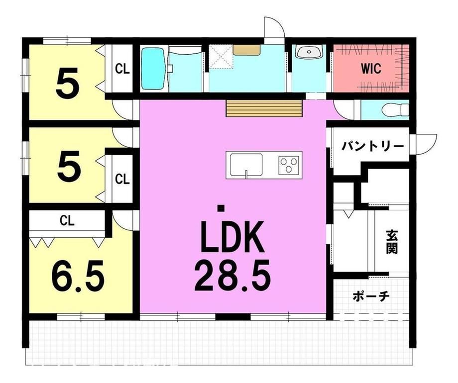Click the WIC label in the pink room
point(371,69)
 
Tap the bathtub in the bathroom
point(153,69)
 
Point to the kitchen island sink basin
point(246,165)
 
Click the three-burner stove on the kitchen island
point(289,165)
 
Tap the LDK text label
point(232,237)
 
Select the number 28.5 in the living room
point(232,277)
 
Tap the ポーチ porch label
point(371,296)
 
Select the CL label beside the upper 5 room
point(122,69)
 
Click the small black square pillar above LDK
point(221,208)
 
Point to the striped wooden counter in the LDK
point(264,108)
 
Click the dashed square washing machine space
point(221,57)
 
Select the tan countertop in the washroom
point(247,50)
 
